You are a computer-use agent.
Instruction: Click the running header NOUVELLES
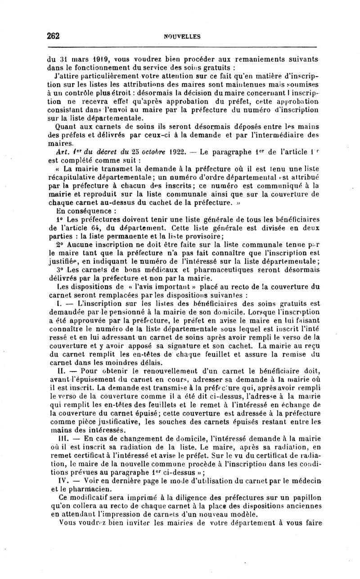coord(182,37)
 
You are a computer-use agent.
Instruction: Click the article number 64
coord(106,228)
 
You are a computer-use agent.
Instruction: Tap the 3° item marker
coord(60,269)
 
